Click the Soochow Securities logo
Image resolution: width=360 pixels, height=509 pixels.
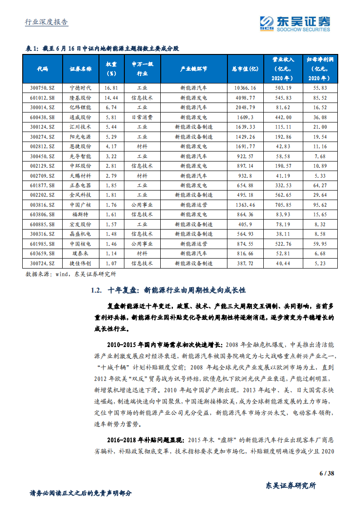coord(295,23)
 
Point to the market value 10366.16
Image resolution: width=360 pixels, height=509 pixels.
coord(245,88)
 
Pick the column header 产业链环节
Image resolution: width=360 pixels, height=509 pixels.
coord(193,69)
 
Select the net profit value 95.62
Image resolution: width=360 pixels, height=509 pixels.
coord(320,204)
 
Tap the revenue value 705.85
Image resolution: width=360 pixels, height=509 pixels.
coord(283,204)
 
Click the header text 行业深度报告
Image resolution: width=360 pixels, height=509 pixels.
coord(46,22)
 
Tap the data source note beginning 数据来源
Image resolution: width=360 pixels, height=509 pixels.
coord(70,274)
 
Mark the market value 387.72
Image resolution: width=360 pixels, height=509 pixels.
coord(245,263)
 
